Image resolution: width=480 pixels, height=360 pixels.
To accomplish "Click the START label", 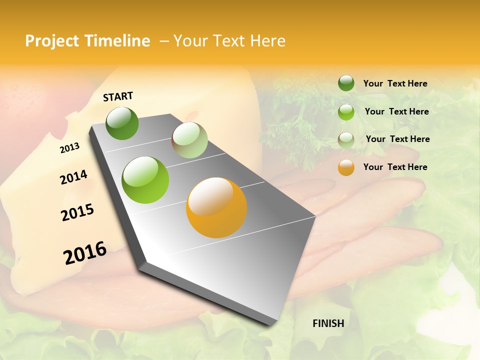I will coord(118,96).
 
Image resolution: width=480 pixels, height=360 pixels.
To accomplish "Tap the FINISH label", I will coord(328,323).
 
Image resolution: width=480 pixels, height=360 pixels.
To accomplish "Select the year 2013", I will coord(69,148).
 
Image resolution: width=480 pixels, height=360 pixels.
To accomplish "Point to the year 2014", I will coord(73,177).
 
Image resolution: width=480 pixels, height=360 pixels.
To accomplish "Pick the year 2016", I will coord(85,253).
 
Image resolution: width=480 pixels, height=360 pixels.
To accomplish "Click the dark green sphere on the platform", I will coord(122,123).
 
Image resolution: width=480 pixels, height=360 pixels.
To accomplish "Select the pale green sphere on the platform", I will coord(189,140).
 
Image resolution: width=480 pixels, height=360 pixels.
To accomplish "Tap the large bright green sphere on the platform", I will coord(145,179).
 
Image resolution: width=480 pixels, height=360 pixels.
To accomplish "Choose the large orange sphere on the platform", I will coord(216,207).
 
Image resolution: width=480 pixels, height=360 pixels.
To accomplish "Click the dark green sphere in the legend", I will coord(346,83).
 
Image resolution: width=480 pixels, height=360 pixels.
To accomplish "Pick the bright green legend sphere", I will coord(346,111).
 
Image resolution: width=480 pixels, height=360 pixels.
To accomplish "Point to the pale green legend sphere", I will coord(346,139).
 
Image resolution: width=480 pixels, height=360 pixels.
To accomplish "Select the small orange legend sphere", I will coord(346,167).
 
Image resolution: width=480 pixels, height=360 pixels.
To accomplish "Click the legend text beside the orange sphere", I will coord(395,167).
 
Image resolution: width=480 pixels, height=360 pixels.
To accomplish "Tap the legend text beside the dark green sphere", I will coord(395,83).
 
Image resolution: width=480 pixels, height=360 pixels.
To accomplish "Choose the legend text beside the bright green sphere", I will coord(396,111).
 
